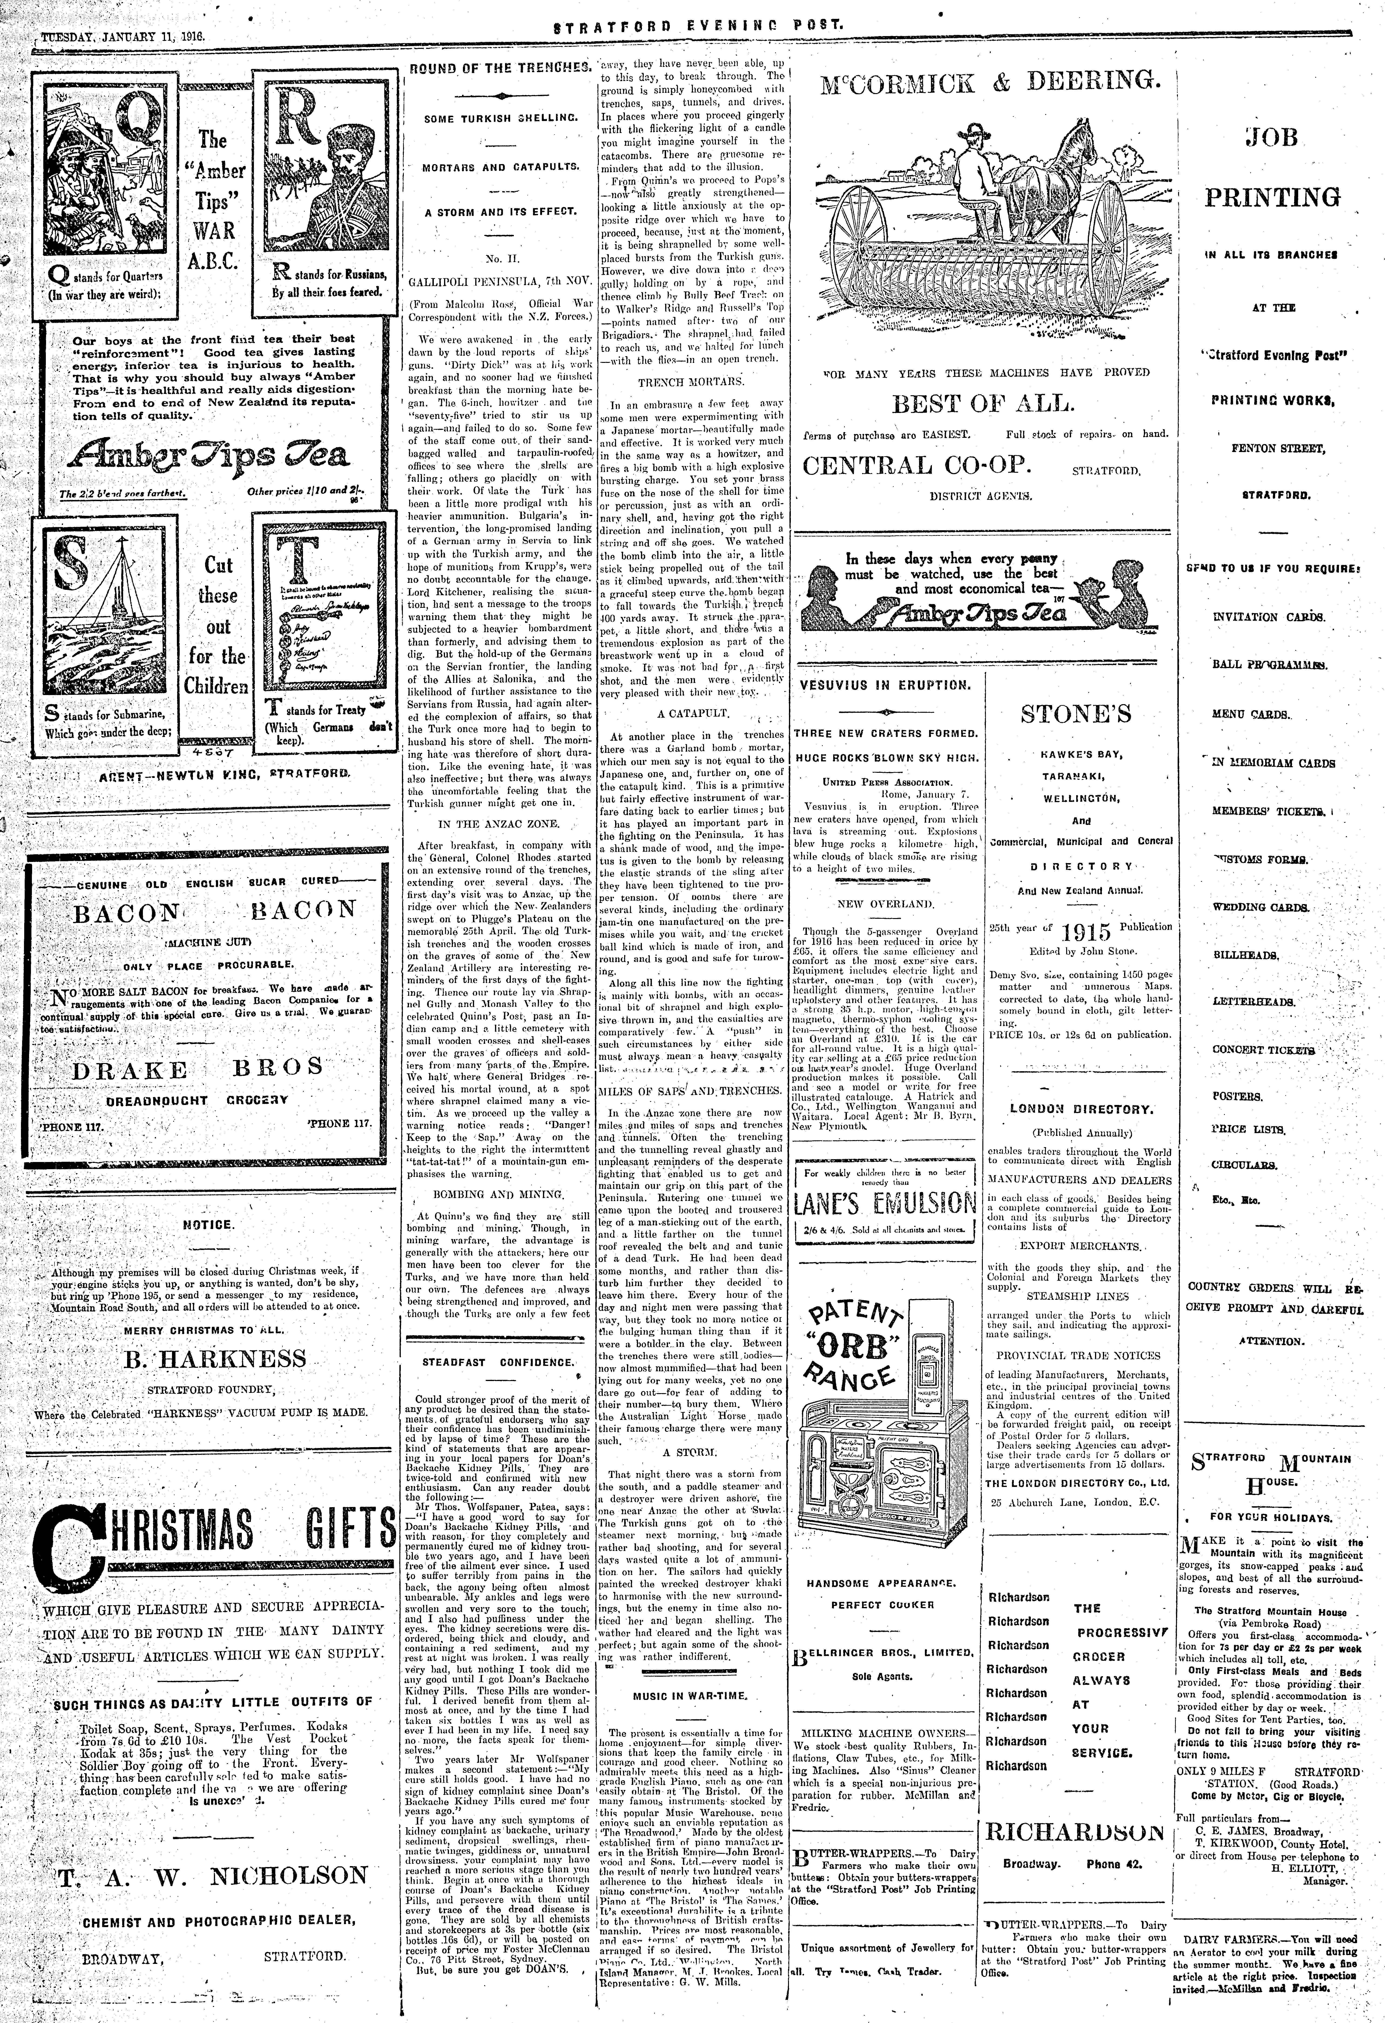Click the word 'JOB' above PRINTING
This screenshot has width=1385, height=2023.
coord(1271,138)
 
